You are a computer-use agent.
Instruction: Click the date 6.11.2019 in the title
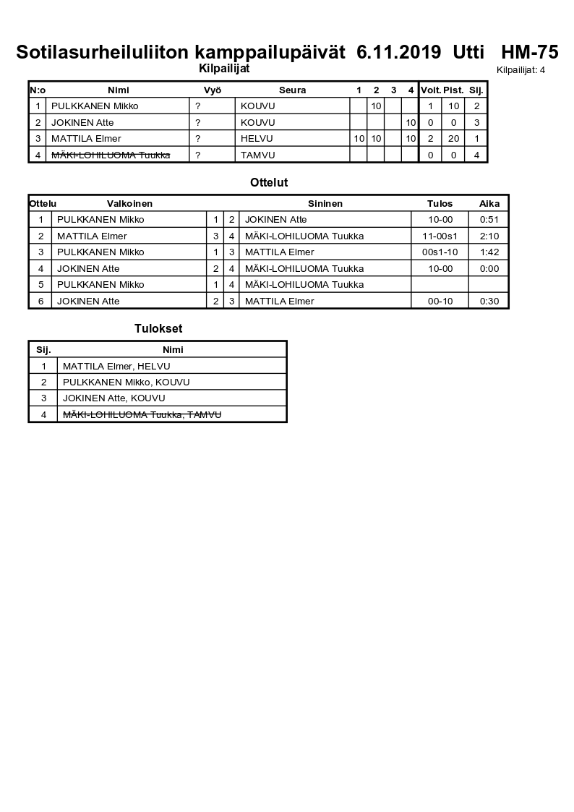coord(398,52)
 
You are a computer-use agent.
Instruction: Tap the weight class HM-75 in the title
coord(529,52)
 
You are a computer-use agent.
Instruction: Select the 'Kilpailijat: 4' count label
coord(521,70)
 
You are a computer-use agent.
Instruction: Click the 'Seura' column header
coord(292,90)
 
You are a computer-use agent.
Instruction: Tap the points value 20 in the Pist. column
coord(453,138)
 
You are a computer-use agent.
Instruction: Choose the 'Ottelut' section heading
coord(269,183)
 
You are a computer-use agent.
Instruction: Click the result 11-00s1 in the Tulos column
coord(440,236)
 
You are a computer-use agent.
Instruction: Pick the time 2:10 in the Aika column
coord(489,236)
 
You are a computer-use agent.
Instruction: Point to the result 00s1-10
coord(440,252)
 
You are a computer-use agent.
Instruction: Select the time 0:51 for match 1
coord(489,220)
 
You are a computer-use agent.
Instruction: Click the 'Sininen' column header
coord(325,204)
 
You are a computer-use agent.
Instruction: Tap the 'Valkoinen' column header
coord(129,204)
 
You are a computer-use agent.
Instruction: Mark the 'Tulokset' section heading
coord(158,329)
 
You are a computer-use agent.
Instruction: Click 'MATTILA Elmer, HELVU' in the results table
coord(116,367)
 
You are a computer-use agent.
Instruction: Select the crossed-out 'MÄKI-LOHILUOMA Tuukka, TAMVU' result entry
coord(142,414)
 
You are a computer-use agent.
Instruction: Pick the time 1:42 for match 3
coord(489,252)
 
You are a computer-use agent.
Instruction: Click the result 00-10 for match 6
coord(440,301)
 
